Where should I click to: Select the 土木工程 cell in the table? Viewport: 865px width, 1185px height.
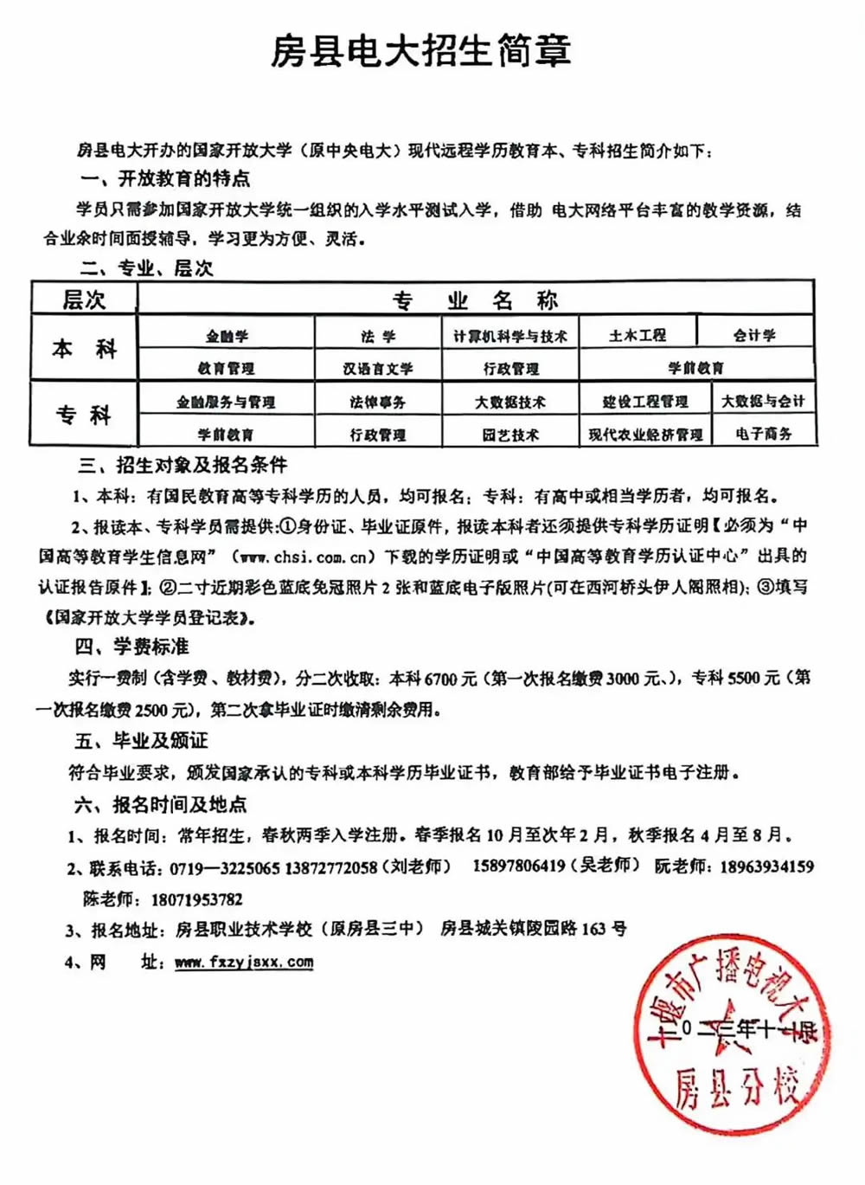click(x=638, y=335)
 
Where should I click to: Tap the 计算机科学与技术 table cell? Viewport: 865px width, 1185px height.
click(x=510, y=336)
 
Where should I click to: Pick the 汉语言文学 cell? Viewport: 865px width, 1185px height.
click(x=378, y=368)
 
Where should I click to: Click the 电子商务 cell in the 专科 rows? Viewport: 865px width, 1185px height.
click(x=764, y=433)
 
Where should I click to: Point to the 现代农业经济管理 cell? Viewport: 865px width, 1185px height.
click(x=645, y=434)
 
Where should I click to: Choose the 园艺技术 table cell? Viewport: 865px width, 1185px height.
click(x=510, y=435)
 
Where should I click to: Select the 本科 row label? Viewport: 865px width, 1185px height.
click(x=84, y=349)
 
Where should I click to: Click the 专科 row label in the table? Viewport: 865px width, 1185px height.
click(x=84, y=415)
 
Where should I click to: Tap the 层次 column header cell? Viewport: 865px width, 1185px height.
click(x=84, y=299)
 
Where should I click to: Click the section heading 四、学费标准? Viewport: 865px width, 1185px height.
click(x=131, y=647)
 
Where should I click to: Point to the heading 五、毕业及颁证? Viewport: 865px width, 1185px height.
click(x=141, y=740)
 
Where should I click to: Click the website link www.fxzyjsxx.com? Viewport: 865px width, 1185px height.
click(x=244, y=962)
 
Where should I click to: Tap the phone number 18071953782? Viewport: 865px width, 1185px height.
click(x=196, y=898)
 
